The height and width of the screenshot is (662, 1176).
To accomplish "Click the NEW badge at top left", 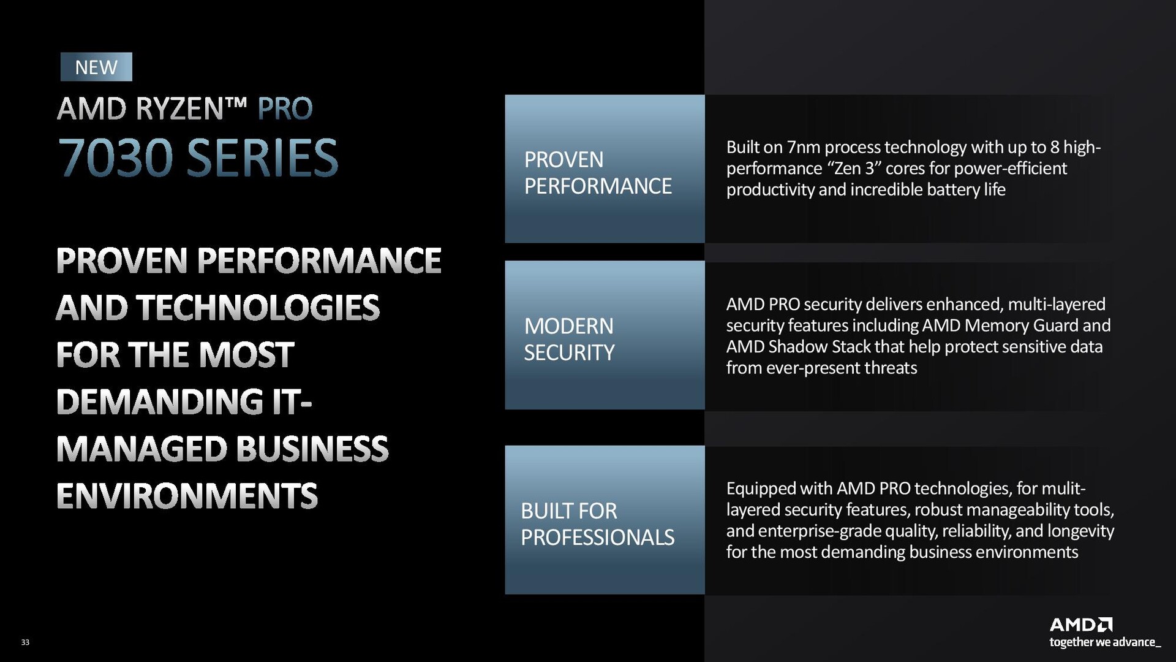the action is point(96,67).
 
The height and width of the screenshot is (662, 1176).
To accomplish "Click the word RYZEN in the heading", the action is point(179,109).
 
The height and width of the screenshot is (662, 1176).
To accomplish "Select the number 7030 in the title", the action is point(116,158).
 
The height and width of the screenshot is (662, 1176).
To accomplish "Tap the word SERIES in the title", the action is point(262,158).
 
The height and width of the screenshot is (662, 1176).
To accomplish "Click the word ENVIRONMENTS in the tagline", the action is point(187,496).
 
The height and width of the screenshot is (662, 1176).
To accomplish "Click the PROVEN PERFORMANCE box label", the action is point(598,173).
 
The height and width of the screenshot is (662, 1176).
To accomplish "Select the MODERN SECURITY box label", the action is point(569,340).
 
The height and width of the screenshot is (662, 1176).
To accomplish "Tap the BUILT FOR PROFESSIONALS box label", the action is point(597,524).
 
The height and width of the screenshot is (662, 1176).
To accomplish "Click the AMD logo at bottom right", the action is point(1081,625).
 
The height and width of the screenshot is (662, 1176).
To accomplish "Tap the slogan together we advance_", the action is point(1105,642).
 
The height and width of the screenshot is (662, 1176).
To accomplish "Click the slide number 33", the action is point(25,642).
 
